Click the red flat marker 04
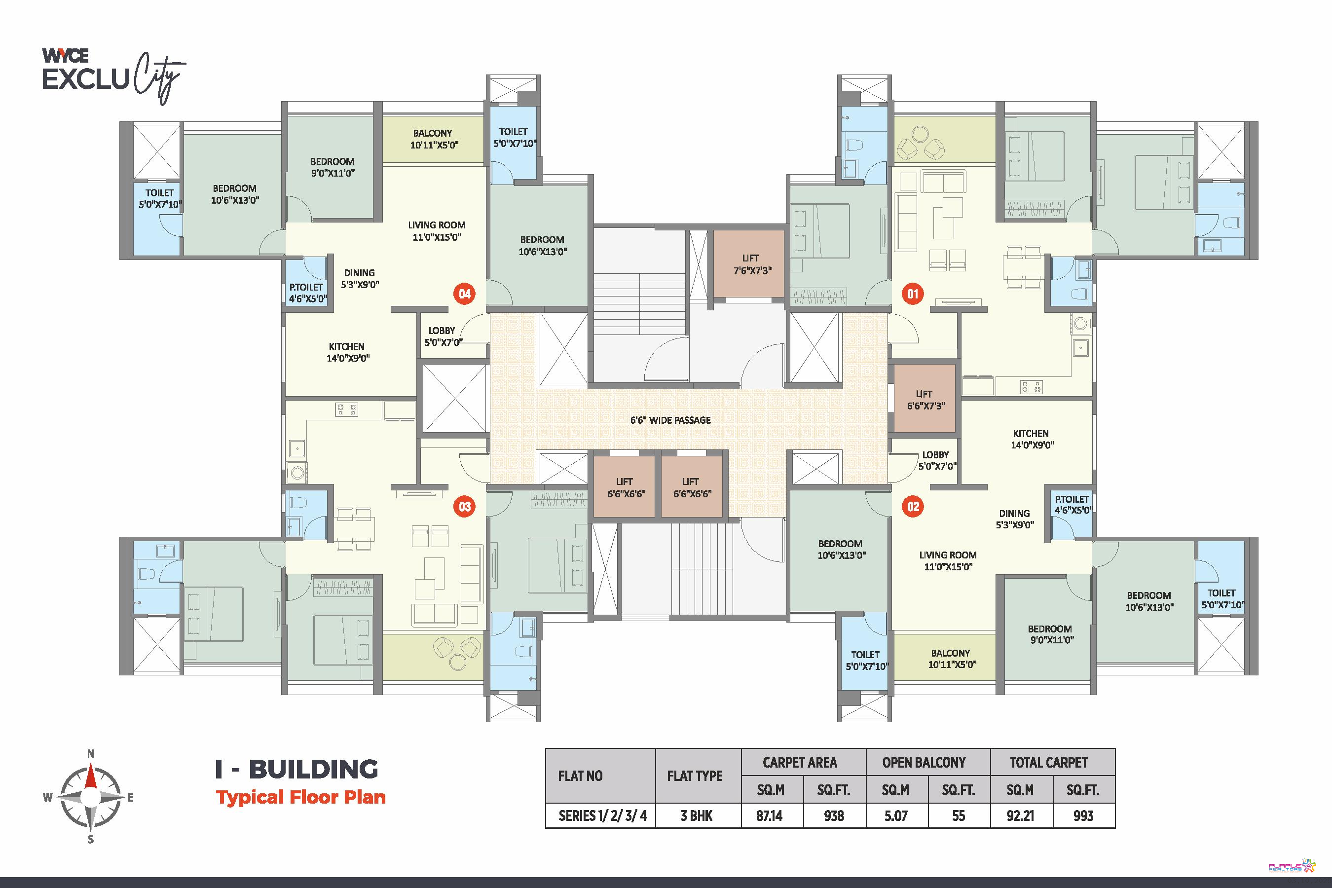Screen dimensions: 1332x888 click(x=464, y=294)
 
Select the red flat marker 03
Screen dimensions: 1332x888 click(x=464, y=506)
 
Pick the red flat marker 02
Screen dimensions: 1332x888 click(x=913, y=506)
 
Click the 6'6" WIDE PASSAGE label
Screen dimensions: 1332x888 click(x=670, y=420)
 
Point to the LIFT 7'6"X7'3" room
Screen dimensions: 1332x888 click(x=749, y=263)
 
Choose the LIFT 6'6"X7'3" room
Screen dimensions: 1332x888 click(x=924, y=399)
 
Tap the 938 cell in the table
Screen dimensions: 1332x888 click(x=834, y=816)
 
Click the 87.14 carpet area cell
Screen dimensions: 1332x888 click(x=770, y=816)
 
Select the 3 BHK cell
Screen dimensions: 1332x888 click(x=697, y=816)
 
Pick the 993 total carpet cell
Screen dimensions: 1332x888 click(x=1083, y=816)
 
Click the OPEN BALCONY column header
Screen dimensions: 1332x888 click(x=924, y=763)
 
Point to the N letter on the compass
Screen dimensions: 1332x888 click(x=91, y=754)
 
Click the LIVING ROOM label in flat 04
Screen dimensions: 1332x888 click(x=437, y=225)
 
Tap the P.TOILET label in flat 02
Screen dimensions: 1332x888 click(x=1072, y=499)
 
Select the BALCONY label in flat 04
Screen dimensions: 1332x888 click(x=433, y=134)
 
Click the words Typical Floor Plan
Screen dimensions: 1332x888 click(x=301, y=797)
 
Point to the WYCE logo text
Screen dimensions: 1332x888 click(x=65, y=55)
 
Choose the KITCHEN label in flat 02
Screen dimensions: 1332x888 click(x=1031, y=434)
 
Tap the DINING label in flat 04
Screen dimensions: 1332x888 click(x=359, y=273)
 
